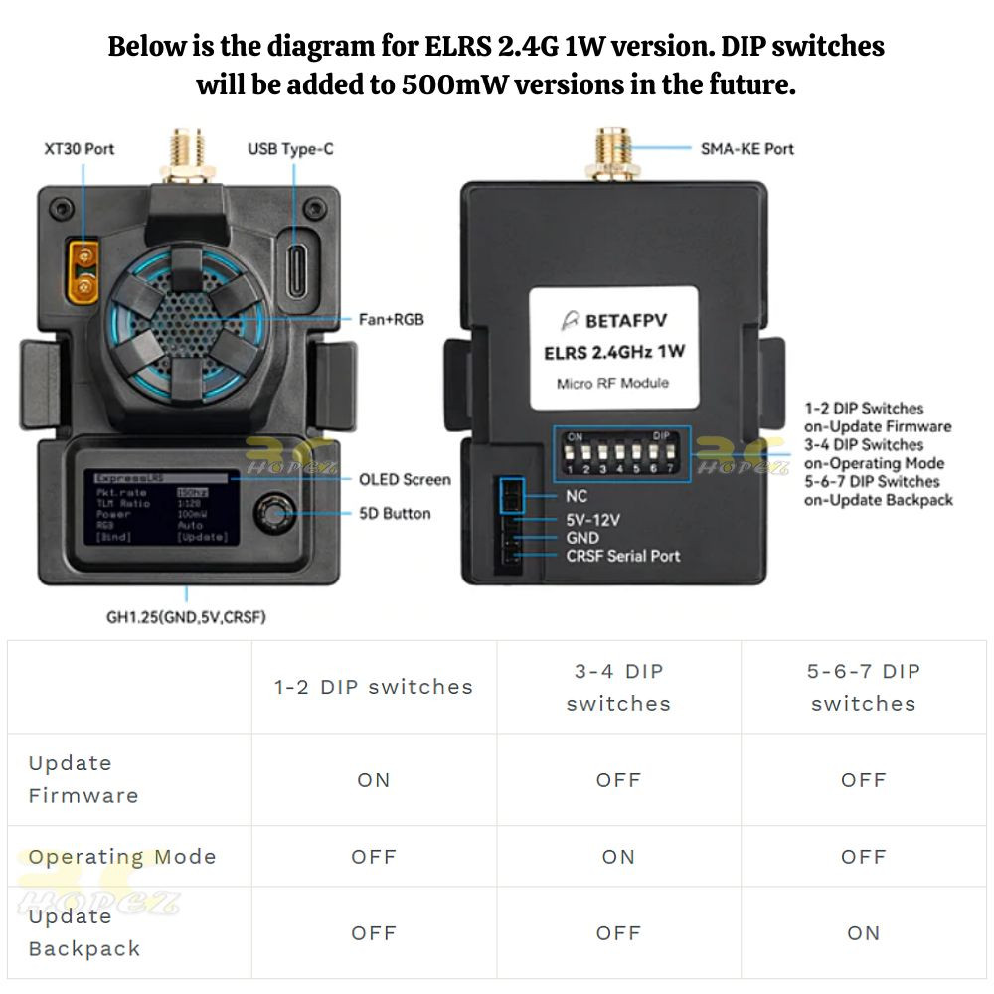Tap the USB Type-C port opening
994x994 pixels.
pos(296,263)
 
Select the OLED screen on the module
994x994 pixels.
pos(161,507)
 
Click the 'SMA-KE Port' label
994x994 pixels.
pos(746,149)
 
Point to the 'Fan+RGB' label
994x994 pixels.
pos(391,320)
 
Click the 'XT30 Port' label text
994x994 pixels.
pos(80,149)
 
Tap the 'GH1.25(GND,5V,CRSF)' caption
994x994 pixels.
pos(186,617)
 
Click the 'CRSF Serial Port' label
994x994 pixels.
pos(623,556)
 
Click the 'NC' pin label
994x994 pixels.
pos(576,496)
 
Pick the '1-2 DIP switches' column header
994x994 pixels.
pos(374,687)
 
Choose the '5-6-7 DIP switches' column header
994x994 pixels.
pos(863,687)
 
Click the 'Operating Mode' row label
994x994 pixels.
pos(121,857)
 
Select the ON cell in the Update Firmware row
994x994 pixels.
pos(374,780)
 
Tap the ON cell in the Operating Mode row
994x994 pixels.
pos(618,857)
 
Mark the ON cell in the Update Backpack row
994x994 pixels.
pos(863,933)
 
